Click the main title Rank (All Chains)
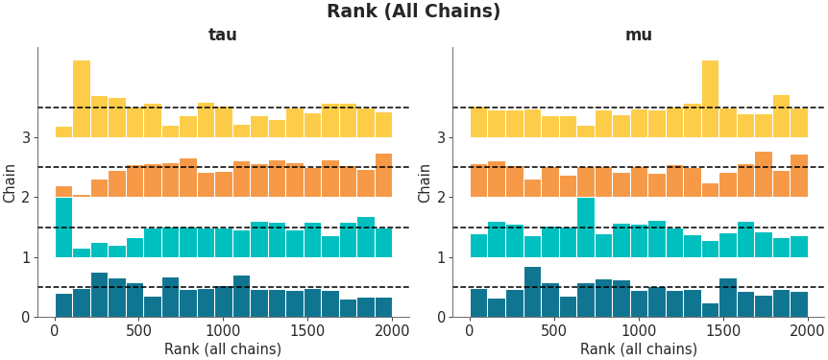(413, 12)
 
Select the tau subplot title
(223, 36)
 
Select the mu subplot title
(639, 36)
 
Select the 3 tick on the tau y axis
(25, 137)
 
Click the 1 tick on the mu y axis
(441, 257)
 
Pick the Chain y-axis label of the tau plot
(11, 182)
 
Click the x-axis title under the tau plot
(223, 349)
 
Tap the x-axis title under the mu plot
(639, 349)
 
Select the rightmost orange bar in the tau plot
(383, 176)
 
